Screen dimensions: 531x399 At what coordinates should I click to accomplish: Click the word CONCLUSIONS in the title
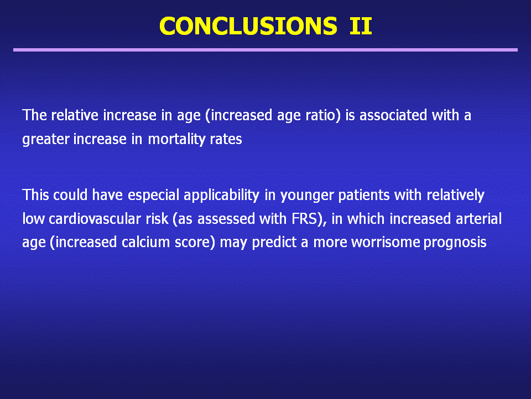click(x=248, y=26)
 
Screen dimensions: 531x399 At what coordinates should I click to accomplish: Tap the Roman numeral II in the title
click(x=361, y=26)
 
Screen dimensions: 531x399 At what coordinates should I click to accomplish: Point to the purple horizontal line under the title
click(x=265, y=50)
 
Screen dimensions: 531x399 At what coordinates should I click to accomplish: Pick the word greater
click(x=46, y=140)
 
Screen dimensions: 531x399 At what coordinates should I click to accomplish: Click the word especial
click(x=153, y=196)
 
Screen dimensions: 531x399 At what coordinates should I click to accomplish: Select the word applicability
click(x=221, y=196)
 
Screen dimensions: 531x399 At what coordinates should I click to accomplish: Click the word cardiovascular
click(x=108, y=219)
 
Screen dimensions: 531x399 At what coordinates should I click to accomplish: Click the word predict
click(x=274, y=243)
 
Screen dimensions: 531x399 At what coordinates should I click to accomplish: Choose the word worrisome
click(x=386, y=242)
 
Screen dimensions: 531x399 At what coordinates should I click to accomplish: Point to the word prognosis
click(x=455, y=243)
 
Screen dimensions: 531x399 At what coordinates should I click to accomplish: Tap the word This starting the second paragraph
click(x=35, y=196)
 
